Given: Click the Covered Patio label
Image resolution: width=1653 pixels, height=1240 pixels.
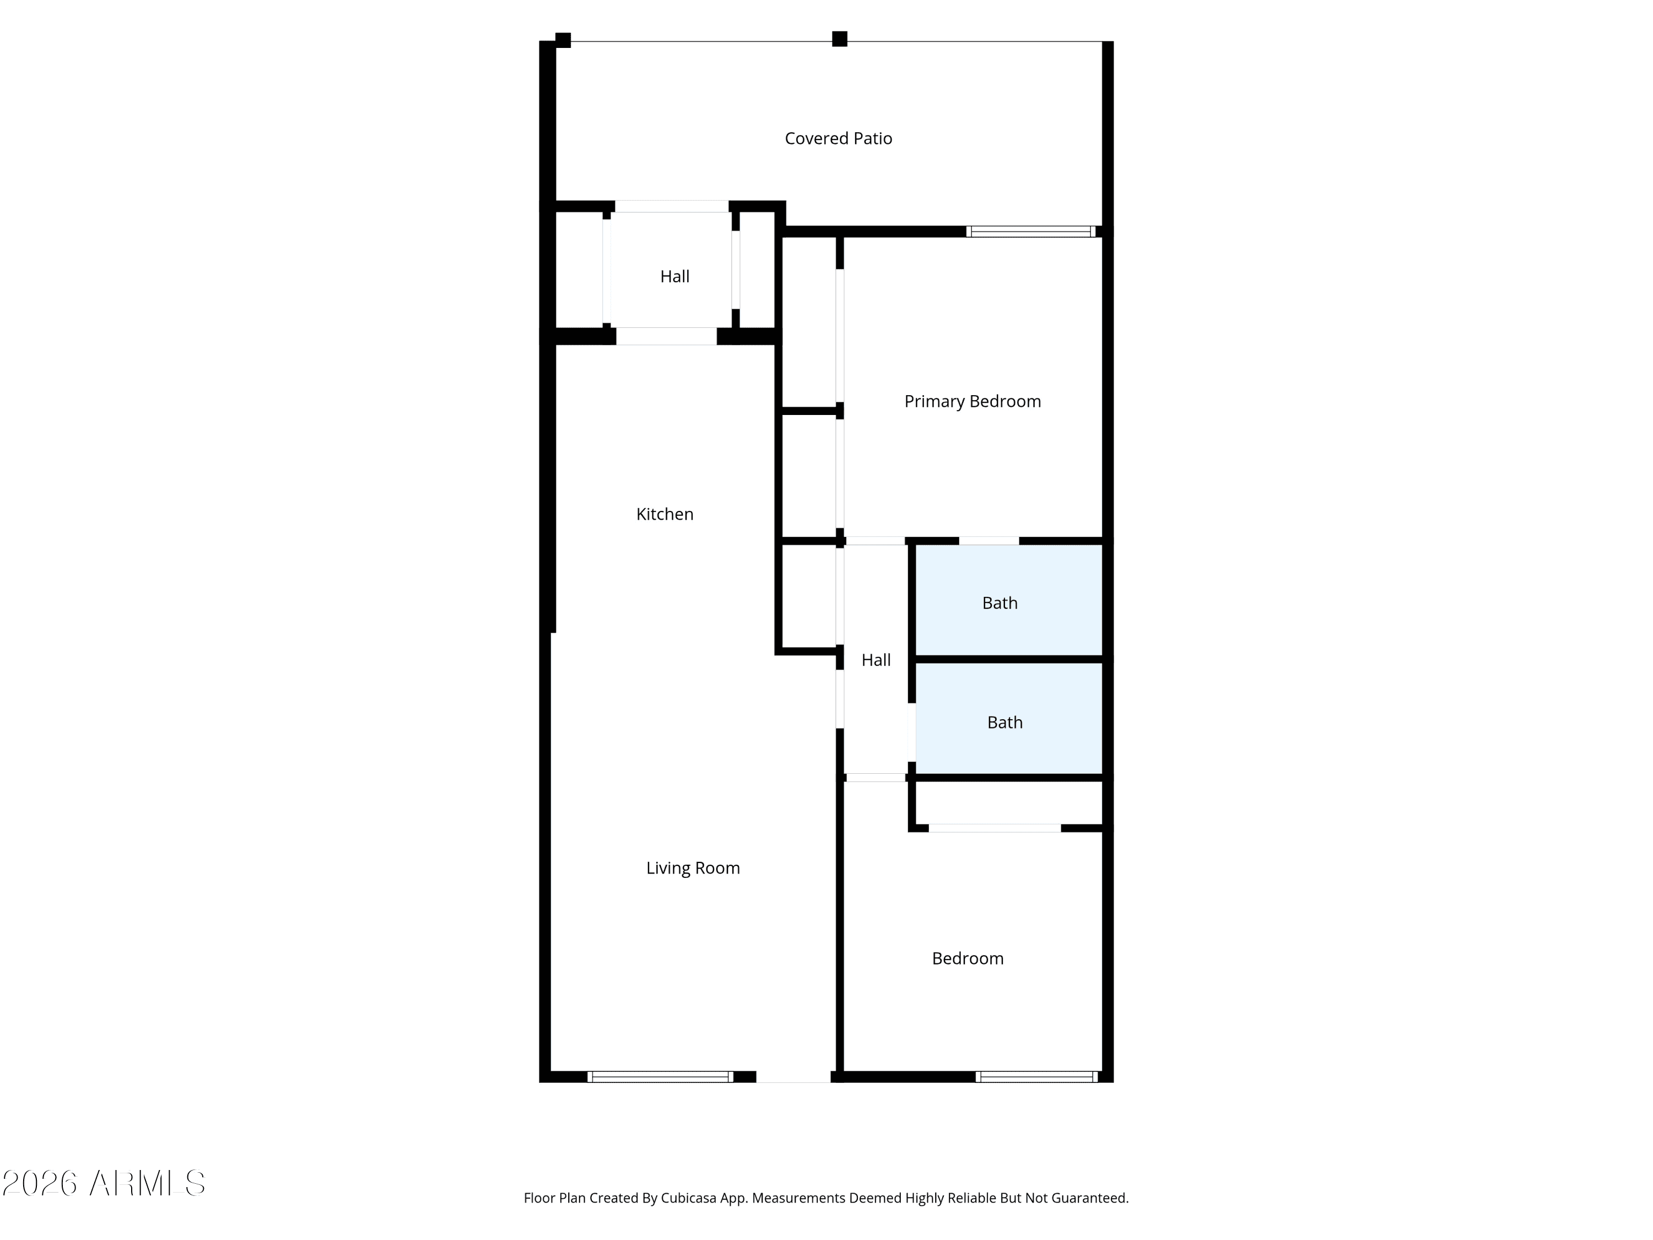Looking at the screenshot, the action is pos(839,138).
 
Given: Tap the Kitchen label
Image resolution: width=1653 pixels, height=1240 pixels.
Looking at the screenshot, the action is pos(665,514).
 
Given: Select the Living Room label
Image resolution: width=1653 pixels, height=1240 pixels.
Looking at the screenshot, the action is pos(693,868).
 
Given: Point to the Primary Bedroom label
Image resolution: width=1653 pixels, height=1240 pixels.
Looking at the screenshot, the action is pos(972,401).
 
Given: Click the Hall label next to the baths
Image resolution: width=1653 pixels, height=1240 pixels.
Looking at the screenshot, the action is pos(876,660).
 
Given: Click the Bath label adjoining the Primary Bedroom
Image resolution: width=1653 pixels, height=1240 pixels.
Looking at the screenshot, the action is pos(1000,603).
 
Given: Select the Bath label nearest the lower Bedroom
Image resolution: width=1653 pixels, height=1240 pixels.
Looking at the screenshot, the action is pos(1004,723).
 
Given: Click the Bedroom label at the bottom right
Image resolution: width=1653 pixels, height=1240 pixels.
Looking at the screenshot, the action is pos(968,959).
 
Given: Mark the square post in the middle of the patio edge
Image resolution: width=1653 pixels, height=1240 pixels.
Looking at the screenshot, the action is pos(840,39).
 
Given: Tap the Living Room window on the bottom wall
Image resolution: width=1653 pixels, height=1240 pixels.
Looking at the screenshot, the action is pos(661,1077).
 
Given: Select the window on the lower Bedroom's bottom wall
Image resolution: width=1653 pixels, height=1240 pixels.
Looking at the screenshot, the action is pos(1036,1077).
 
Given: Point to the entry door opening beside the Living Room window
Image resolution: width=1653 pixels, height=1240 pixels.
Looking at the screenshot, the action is pos(793,1077).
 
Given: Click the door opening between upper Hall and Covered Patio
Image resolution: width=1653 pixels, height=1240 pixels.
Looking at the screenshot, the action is pos(672,206).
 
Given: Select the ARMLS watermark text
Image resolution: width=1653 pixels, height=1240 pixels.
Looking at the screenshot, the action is pos(104,1183).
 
